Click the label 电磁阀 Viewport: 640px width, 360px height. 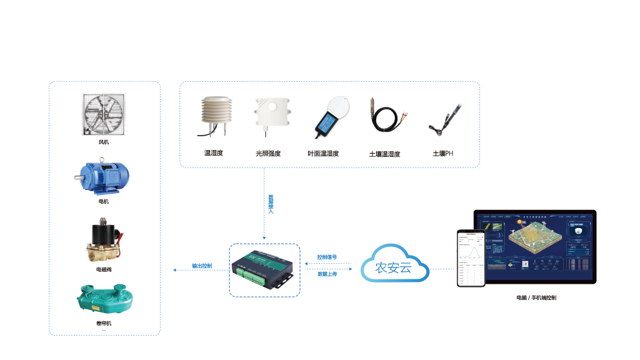(104, 269)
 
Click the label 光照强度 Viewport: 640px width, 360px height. (268, 154)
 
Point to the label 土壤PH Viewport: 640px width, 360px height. (442, 154)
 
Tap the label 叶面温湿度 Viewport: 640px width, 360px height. (324, 154)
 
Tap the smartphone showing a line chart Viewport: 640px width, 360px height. (471, 257)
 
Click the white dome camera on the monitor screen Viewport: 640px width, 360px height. (577, 231)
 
